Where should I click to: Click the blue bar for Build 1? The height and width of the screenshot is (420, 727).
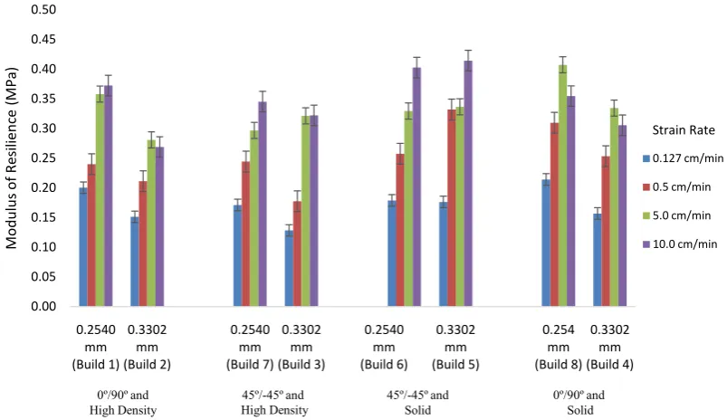tap(83, 247)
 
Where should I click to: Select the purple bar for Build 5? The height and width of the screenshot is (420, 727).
tap(468, 184)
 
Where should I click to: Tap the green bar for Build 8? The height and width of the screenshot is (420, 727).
tap(562, 186)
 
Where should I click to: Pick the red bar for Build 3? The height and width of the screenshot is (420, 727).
tap(297, 254)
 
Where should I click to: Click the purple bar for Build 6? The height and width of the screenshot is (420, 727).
tap(416, 186)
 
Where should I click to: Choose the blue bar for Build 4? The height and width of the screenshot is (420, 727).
tap(598, 260)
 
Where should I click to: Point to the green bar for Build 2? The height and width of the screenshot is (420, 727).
tap(151, 223)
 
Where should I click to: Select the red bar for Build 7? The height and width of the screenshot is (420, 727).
tap(245, 234)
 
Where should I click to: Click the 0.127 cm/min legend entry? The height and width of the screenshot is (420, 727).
tap(683, 158)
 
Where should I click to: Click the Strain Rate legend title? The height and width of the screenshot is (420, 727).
tap(684, 130)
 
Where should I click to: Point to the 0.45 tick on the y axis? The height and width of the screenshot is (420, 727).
tap(43, 40)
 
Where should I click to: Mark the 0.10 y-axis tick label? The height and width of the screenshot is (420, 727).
tap(43, 247)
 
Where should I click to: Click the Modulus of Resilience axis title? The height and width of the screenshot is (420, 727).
tap(11, 158)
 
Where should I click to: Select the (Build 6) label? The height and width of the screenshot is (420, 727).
tap(384, 365)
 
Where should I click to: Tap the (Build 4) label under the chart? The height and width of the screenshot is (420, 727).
tap(609, 365)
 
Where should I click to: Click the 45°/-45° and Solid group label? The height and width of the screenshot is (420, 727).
tap(417, 403)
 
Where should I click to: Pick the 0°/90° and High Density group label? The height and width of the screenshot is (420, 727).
tap(123, 403)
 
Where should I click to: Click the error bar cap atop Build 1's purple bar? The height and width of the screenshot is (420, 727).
tap(109, 75)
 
